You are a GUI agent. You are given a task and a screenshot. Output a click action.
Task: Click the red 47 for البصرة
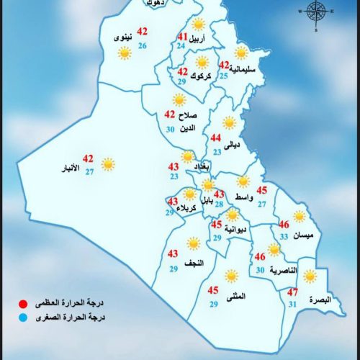(x=292, y=292)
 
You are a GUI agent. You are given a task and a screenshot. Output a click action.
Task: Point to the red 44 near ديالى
(x=215, y=138)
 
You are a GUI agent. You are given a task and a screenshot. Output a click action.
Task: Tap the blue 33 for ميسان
(x=284, y=236)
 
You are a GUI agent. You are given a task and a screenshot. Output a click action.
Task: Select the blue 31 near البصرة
(x=292, y=305)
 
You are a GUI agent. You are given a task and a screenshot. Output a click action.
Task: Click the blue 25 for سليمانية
(x=224, y=76)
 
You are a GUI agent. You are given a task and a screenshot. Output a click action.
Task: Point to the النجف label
(x=204, y=264)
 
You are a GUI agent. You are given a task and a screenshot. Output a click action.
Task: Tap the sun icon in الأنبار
(x=108, y=164)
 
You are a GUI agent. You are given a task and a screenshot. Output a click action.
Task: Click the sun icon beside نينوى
(x=124, y=53)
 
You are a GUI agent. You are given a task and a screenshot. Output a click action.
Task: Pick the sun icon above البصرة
(x=309, y=276)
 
